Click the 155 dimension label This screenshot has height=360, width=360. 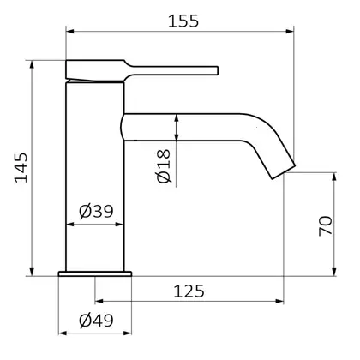[x=183, y=21]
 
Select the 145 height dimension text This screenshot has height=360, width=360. [x=21, y=168]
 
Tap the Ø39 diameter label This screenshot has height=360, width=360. [x=96, y=212]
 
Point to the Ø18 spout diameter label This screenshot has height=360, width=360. [x=164, y=166]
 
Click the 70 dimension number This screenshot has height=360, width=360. [x=326, y=226]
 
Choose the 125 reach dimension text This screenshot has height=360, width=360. [x=189, y=291]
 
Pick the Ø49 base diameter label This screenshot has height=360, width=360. [x=96, y=321]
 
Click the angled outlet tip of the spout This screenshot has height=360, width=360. [x=283, y=172]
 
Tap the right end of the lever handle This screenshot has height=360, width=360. [x=217, y=70]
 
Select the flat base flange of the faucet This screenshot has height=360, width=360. [x=95, y=273]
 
